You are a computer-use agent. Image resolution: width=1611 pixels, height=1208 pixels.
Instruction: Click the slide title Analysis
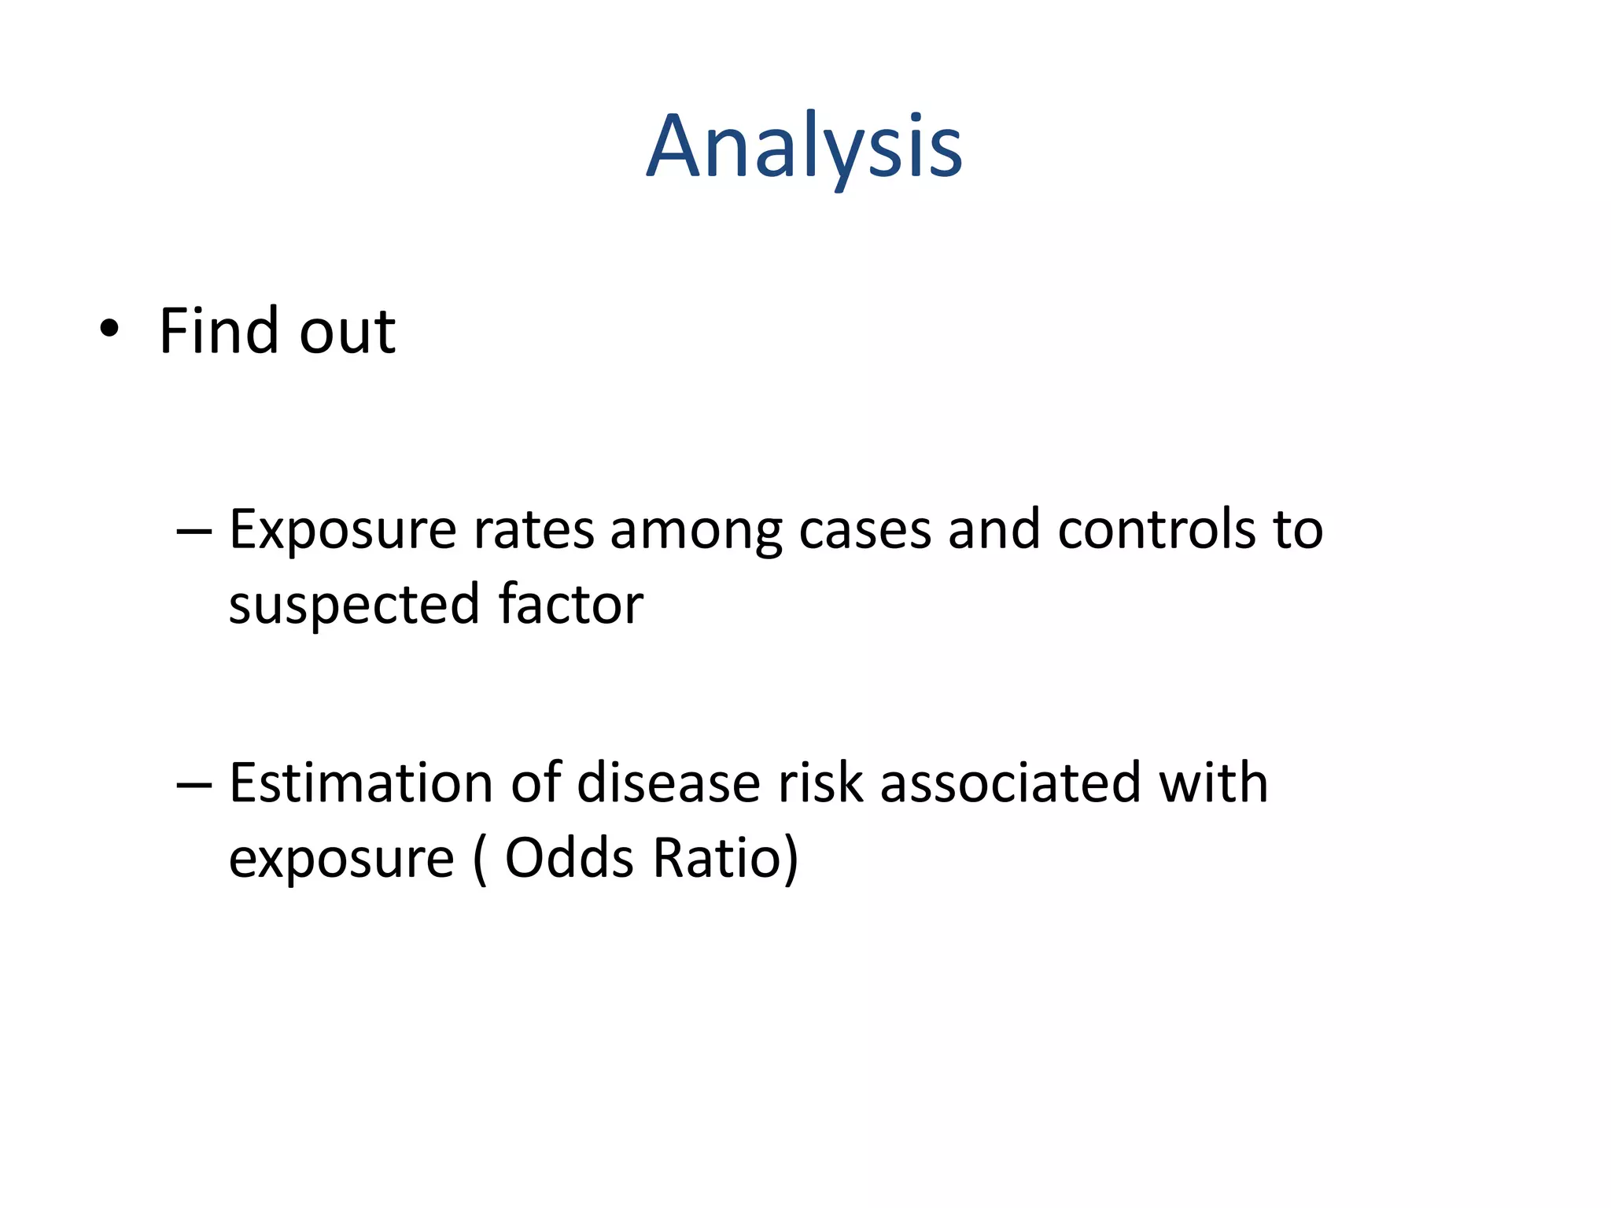click(x=804, y=148)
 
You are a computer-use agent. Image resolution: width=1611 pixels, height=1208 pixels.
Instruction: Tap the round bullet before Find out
click(x=109, y=330)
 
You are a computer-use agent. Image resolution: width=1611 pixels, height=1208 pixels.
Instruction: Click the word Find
click(x=219, y=330)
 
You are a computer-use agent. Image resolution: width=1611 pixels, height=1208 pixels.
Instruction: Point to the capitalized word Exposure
click(x=342, y=531)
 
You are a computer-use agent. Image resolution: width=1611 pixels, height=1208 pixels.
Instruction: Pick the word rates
click(x=533, y=531)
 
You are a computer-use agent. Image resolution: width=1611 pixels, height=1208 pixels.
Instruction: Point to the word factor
click(x=571, y=605)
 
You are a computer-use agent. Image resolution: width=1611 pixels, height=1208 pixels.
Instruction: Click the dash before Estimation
click(x=194, y=785)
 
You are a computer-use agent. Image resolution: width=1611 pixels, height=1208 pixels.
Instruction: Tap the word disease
click(x=669, y=783)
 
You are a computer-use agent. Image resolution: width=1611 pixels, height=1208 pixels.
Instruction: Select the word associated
click(x=1010, y=783)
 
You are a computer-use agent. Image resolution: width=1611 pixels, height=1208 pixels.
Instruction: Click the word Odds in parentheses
click(x=569, y=858)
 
